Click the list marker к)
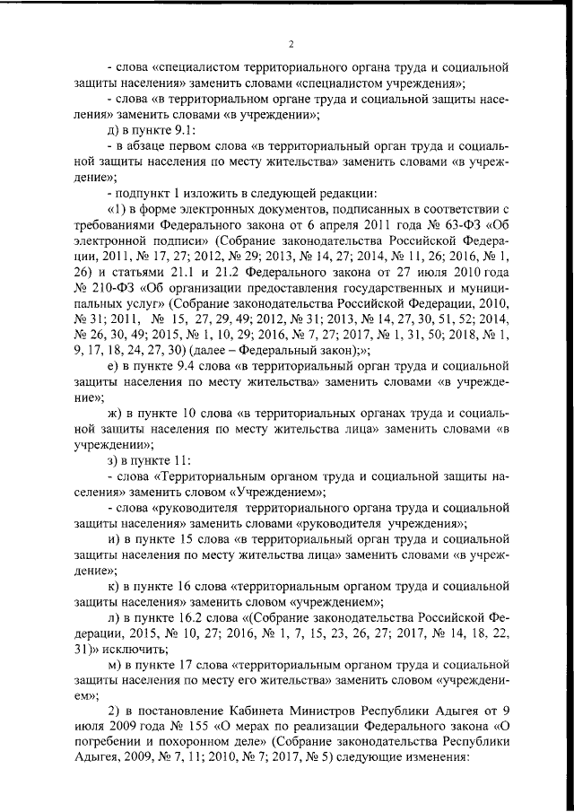pyautogui.click(x=112, y=598)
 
